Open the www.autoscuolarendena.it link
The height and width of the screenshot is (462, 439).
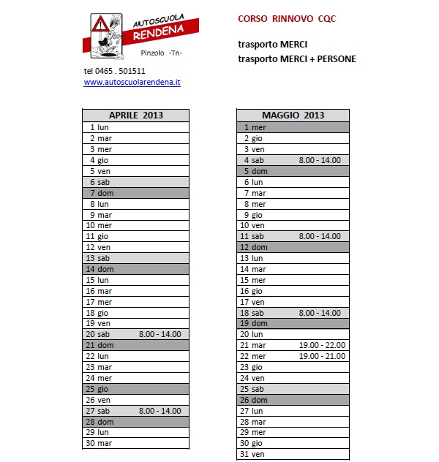[132, 83]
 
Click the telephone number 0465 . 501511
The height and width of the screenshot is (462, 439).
[114, 71]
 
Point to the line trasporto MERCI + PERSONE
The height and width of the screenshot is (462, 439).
[296, 59]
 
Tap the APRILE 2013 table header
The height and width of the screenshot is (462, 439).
[135, 115]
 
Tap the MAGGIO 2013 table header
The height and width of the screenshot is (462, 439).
[293, 115]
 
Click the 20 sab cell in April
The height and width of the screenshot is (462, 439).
[98, 334]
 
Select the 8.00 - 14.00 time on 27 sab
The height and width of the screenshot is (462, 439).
[160, 411]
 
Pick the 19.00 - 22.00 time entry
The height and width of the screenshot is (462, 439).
[322, 345]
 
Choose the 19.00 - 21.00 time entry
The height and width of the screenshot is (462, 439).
[322, 356]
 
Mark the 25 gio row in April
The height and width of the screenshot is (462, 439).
[98, 389]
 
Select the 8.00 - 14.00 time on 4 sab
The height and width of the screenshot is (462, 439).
[320, 160]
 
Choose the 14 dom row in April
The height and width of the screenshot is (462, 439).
[100, 269]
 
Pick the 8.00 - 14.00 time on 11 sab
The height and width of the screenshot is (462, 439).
[320, 236]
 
